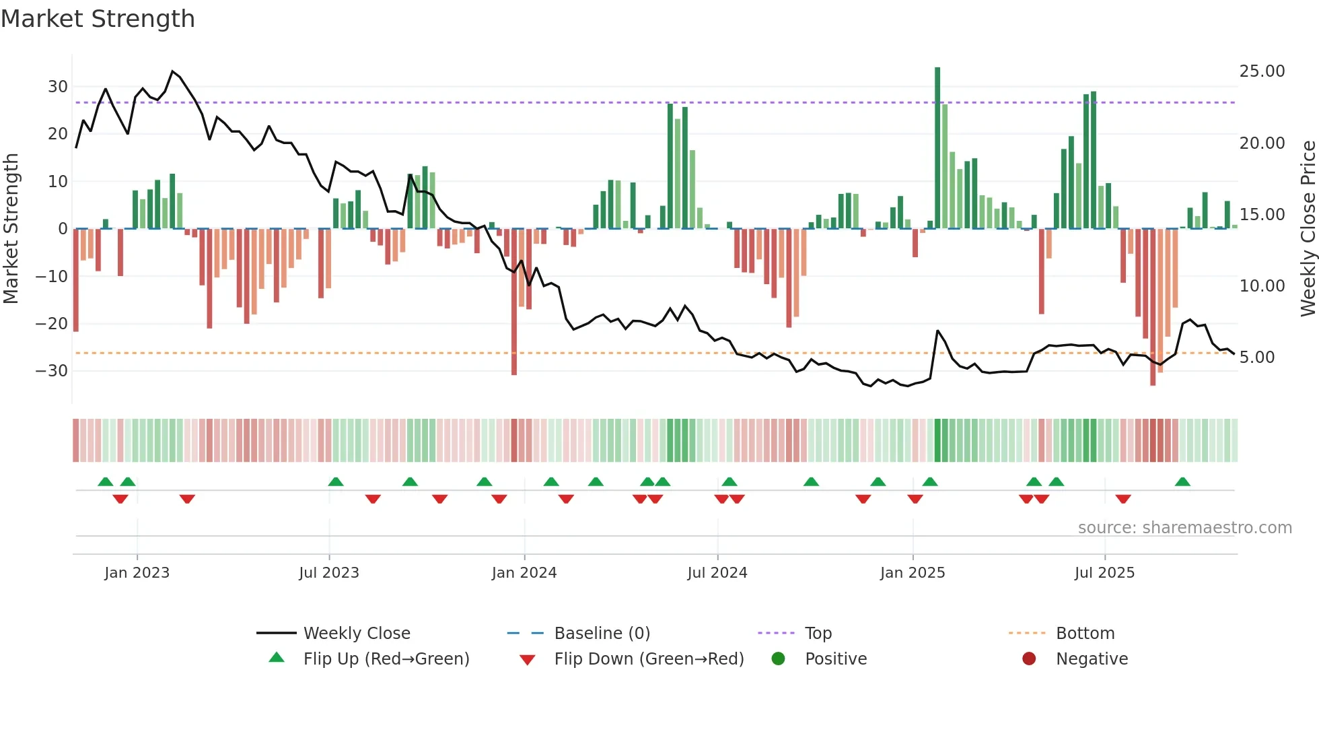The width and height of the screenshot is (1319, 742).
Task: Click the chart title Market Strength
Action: tap(98, 19)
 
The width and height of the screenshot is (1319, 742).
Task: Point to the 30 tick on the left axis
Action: tap(57, 87)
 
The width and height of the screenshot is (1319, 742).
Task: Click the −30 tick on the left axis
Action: tap(52, 371)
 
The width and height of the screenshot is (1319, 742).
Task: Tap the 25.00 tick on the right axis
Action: tap(1262, 71)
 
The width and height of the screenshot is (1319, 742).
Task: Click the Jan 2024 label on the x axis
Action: tap(524, 573)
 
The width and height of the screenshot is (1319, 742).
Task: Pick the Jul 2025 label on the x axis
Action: tap(1104, 573)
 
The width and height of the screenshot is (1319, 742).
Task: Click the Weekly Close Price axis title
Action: tap(1308, 229)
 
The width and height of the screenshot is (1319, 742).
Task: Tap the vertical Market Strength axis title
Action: tap(11, 229)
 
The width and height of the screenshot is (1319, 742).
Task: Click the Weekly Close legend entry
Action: tap(356, 634)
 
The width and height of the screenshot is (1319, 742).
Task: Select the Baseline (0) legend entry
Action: tap(602, 634)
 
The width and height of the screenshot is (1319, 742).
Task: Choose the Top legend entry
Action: tap(818, 634)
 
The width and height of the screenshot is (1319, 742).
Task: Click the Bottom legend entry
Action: tap(1085, 634)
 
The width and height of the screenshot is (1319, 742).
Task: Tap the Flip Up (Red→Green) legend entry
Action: tap(386, 659)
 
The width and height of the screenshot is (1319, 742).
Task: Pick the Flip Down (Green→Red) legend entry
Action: tap(649, 659)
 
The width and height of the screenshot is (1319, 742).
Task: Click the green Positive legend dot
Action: tap(778, 659)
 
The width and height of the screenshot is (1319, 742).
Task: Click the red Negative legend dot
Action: tap(1029, 659)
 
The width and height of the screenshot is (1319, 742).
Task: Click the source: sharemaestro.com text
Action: tap(1184, 528)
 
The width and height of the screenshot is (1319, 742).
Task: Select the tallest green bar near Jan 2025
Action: tap(937, 148)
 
